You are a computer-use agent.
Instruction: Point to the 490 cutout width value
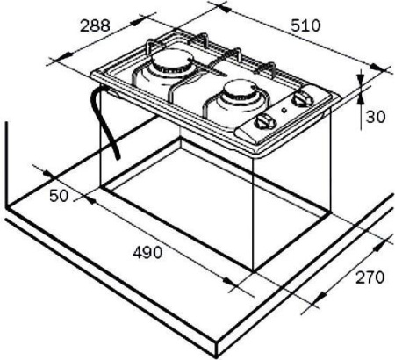(146, 253)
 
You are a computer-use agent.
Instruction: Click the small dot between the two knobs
(284, 112)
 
